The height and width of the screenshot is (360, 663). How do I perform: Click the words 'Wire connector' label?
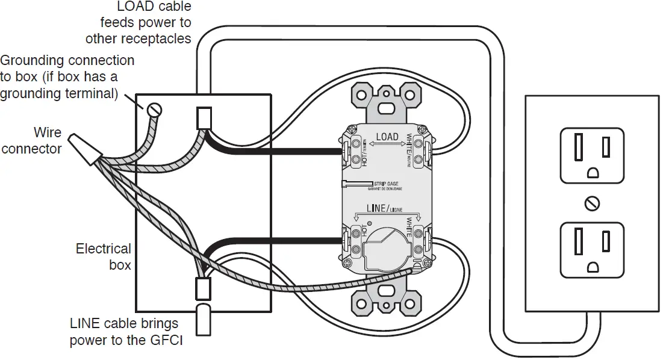tap(31, 140)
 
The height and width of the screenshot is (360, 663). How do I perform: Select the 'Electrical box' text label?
tap(103, 256)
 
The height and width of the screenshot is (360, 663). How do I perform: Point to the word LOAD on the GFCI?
tap(387, 137)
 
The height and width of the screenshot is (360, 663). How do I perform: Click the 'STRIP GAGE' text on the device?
tap(387, 182)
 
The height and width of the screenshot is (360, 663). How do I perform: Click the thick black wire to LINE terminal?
tap(277, 240)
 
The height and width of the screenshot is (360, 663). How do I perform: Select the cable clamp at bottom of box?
tap(203, 290)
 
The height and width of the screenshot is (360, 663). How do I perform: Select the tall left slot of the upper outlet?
tap(577, 147)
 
